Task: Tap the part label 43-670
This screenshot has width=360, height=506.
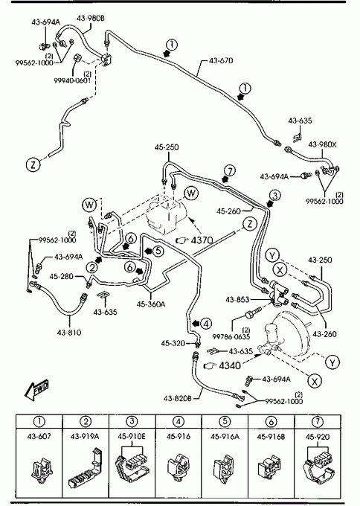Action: (221, 60)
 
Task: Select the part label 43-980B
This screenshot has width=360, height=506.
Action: (91, 18)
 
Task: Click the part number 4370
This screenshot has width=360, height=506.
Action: (202, 240)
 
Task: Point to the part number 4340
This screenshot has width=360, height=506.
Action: (230, 365)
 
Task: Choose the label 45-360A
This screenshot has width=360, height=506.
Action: (151, 304)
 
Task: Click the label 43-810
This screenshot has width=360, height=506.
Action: (69, 333)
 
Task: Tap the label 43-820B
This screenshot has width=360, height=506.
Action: (178, 398)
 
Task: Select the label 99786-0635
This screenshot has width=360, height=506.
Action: (231, 336)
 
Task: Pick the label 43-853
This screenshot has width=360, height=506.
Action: (237, 299)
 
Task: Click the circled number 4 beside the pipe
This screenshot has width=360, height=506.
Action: (206, 324)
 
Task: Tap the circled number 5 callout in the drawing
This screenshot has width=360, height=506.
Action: (158, 251)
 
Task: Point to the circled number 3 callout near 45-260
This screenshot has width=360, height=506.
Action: (275, 196)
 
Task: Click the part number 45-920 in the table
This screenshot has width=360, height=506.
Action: (318, 437)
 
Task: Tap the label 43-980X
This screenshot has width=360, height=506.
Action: (322, 144)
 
